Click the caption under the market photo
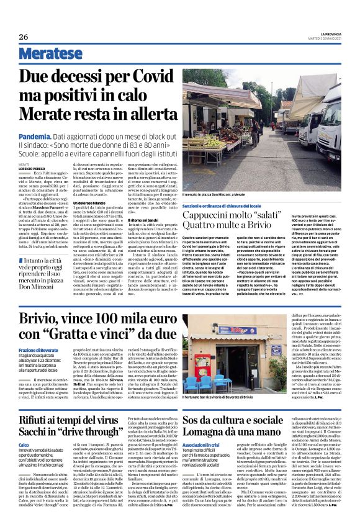224,194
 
